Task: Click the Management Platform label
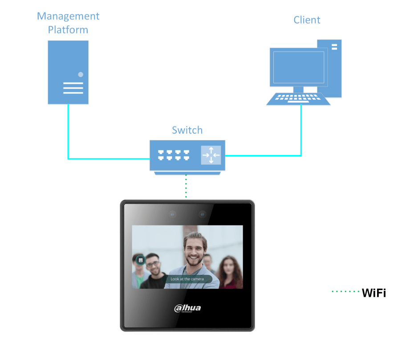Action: point(68,23)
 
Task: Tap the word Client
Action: point(307,20)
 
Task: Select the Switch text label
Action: point(187,130)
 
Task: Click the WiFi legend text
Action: point(373,293)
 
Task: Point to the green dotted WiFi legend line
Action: point(345,292)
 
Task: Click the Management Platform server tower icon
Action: point(68,72)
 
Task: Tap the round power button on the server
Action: point(81,74)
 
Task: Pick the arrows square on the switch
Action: point(211,155)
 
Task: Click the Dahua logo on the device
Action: point(187,308)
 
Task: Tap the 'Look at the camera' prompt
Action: point(187,279)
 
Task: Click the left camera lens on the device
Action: point(172,214)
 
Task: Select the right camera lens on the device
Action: point(202,214)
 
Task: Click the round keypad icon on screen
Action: point(140,259)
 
